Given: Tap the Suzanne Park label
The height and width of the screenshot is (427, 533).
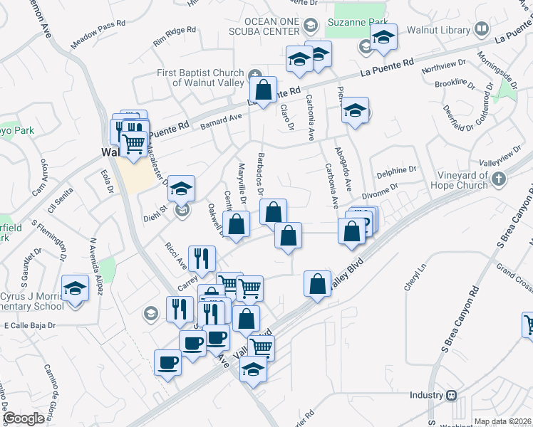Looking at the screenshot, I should click(x=348, y=22).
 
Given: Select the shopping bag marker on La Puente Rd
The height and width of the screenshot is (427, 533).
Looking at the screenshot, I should click(x=263, y=90).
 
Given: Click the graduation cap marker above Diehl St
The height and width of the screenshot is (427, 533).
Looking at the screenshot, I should click(x=182, y=189).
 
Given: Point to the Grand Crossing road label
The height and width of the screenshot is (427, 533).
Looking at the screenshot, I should click(x=515, y=278).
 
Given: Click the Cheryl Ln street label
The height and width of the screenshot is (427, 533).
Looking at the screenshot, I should click(x=414, y=278).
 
